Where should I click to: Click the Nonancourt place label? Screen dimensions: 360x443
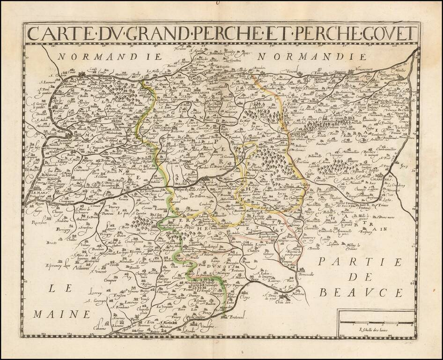click(366, 68)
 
